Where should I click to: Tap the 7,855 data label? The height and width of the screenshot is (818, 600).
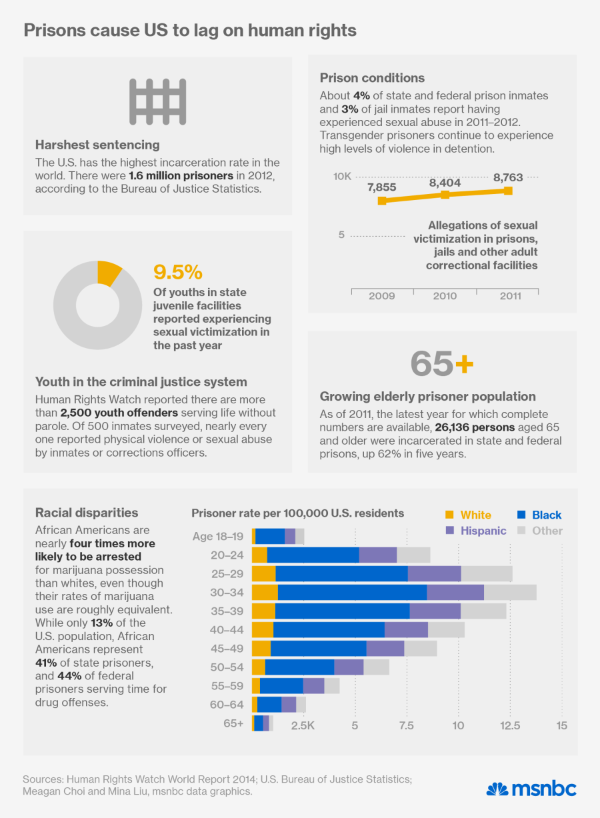coord(382,187)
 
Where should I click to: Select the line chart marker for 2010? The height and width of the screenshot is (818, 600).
coord(445,195)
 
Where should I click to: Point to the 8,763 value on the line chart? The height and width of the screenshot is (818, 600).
coord(508,177)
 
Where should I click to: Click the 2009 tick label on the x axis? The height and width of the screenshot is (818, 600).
coord(381,295)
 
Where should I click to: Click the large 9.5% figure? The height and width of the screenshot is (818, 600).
coord(177,272)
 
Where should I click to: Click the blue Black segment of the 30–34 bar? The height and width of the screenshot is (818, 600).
coord(352,592)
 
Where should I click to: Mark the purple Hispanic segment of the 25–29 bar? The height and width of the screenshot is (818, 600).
coord(434,573)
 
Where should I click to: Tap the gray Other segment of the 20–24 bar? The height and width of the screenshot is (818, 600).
coord(413,555)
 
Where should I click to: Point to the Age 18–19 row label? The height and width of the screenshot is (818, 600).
coord(218,536)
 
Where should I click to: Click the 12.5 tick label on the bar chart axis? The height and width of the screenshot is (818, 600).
coord(510,725)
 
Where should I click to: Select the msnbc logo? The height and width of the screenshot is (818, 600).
coord(531,789)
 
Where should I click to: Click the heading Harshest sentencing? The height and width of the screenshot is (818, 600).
coord(97,145)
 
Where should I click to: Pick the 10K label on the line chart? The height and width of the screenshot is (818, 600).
coord(342,177)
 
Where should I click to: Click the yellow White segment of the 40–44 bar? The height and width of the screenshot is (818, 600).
coord(263,629)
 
